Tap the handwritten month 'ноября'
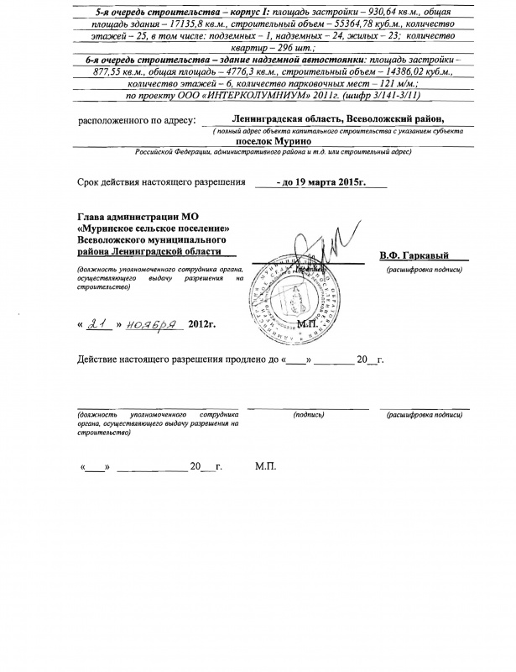(154, 323)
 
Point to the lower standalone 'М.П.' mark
(266, 467)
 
